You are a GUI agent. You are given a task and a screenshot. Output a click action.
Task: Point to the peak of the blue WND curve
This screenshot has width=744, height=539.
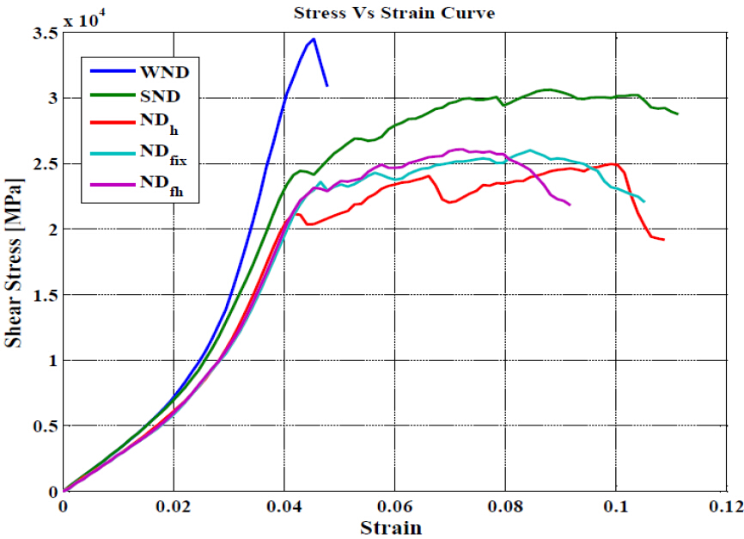314,39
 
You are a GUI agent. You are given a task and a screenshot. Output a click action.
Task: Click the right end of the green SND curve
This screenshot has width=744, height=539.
677,113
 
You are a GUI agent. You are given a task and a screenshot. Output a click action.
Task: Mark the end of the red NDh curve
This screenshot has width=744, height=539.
663,239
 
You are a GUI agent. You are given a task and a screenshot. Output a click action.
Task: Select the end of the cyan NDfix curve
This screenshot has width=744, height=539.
643,201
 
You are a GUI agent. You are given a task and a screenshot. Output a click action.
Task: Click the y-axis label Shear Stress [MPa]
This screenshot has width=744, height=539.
15,262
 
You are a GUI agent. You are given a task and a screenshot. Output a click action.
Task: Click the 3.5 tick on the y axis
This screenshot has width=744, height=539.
45,34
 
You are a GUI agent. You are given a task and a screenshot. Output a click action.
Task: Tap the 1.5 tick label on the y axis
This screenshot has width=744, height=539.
45,296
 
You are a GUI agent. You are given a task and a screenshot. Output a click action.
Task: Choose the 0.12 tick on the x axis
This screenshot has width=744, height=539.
724,506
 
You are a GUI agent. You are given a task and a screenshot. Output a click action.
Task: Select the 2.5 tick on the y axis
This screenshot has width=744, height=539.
45,164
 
